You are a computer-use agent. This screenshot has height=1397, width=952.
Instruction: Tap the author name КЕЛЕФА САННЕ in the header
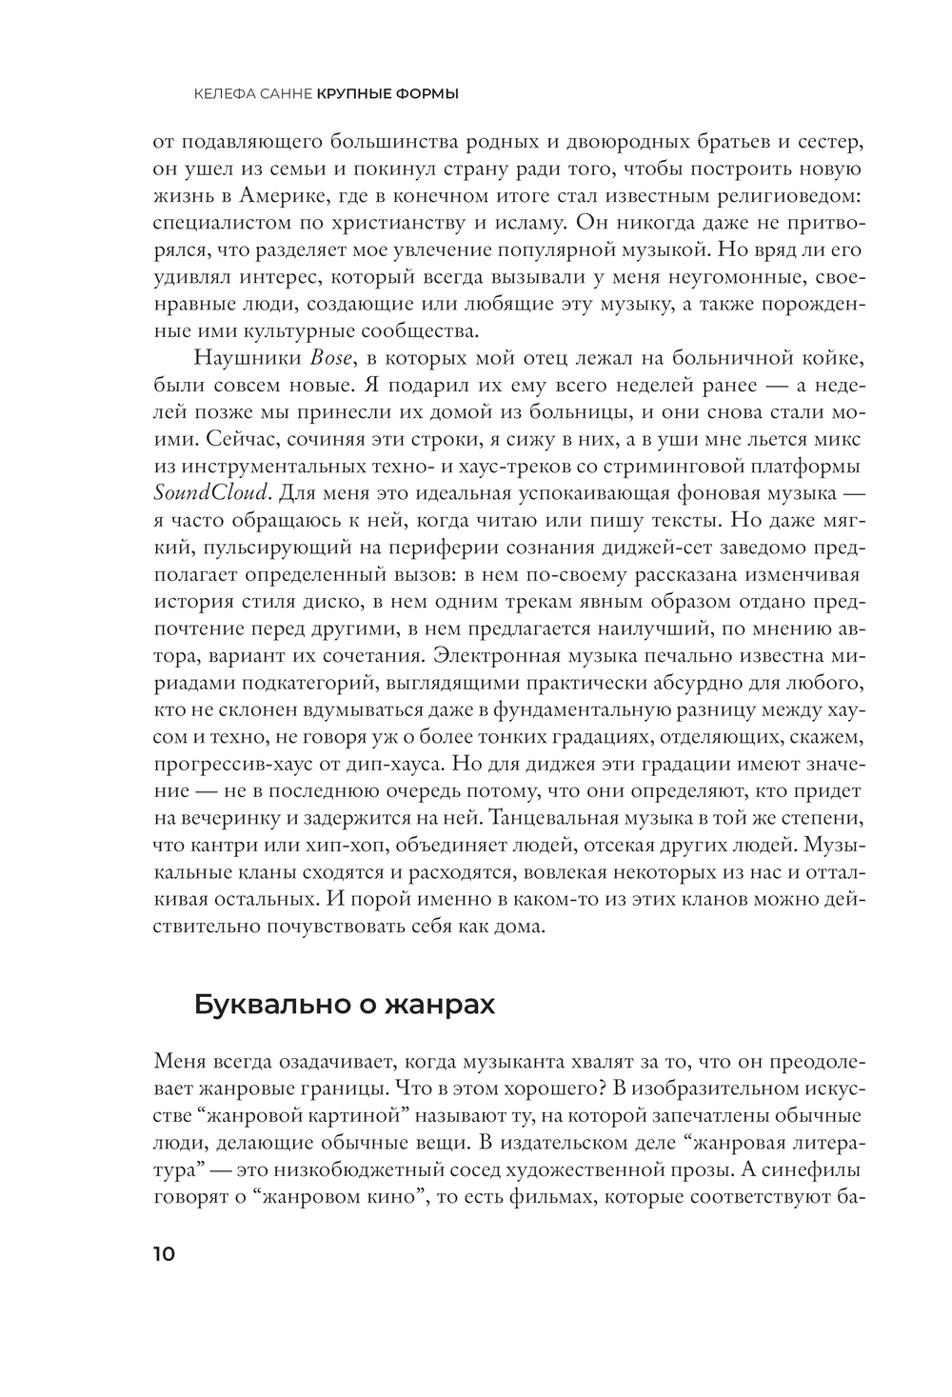(x=252, y=93)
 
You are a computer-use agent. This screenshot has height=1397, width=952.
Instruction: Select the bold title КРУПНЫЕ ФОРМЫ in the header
(x=387, y=93)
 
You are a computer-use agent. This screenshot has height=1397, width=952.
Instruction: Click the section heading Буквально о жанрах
(x=345, y=1005)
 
